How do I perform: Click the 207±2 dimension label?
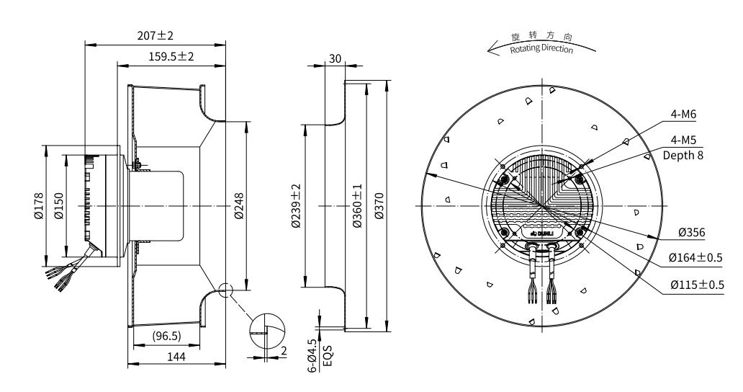[x=156, y=35]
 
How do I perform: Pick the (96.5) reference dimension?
[x=167, y=336]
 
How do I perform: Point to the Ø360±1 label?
[x=358, y=206]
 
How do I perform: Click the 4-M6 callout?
[x=683, y=115]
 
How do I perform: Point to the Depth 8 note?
[x=683, y=155]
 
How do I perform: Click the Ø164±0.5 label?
[x=695, y=257]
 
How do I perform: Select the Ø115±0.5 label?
[x=695, y=284]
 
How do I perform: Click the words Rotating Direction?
[x=541, y=49]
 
